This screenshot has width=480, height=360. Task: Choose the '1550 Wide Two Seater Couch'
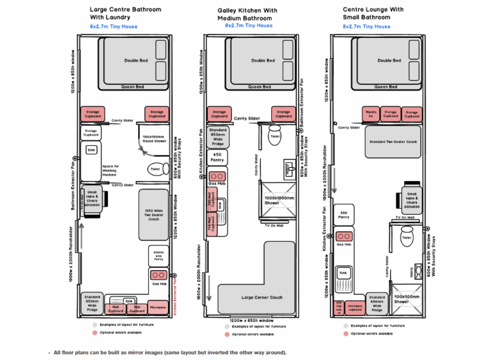pos(155,214)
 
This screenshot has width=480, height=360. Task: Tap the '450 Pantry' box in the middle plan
pos(216,158)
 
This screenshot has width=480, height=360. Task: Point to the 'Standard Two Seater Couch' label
pos(394,142)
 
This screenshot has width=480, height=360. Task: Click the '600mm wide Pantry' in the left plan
pos(158,256)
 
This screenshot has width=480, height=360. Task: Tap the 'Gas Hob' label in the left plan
pos(158,284)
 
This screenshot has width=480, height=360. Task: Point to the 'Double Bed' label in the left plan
pos(135,60)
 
